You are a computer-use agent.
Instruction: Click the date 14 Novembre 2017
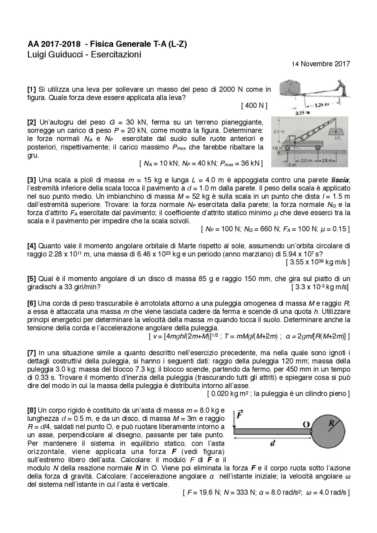click(x=320, y=64)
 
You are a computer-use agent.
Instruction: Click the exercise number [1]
click(x=32, y=89)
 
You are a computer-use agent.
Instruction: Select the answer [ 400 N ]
click(x=254, y=106)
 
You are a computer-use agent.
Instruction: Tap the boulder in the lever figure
click(x=290, y=87)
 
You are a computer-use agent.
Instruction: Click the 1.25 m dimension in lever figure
click(x=322, y=105)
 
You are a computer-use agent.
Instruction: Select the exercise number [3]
click(x=32, y=180)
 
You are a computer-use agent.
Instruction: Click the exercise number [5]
click(x=32, y=279)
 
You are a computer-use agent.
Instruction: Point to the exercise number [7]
click(x=32, y=353)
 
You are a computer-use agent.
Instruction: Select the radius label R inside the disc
click(x=331, y=423)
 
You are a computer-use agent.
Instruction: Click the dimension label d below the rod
click(x=272, y=444)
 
